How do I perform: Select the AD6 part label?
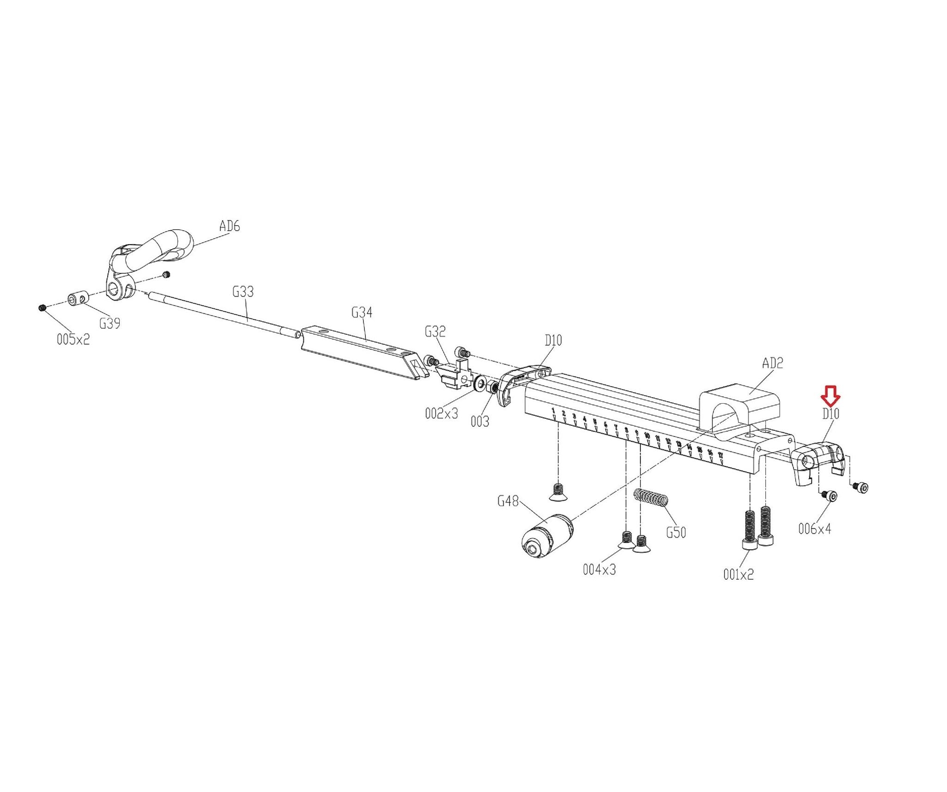229,227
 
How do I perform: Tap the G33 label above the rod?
243,292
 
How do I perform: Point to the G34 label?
362,313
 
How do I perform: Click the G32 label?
435,332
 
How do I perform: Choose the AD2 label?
773,363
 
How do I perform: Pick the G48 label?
508,501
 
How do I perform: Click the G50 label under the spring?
676,533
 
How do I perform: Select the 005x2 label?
73,340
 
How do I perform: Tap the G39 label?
110,324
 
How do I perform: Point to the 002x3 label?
442,413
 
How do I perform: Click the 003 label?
480,422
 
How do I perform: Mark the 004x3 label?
599,570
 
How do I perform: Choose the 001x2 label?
738,574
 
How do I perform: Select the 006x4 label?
815,528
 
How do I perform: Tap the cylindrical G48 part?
546,536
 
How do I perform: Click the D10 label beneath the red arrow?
830,414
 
